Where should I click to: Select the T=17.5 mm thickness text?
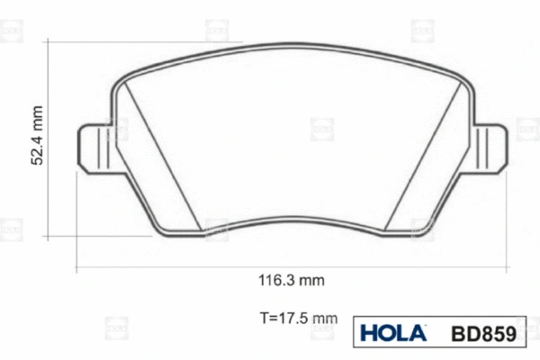click(x=297, y=317)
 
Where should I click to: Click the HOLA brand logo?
click(x=393, y=333)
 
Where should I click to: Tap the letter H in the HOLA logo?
click(x=369, y=333)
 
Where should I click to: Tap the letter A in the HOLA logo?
click(x=418, y=333)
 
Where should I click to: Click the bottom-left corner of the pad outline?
click(x=161, y=232)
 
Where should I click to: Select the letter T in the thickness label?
click(x=262, y=317)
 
